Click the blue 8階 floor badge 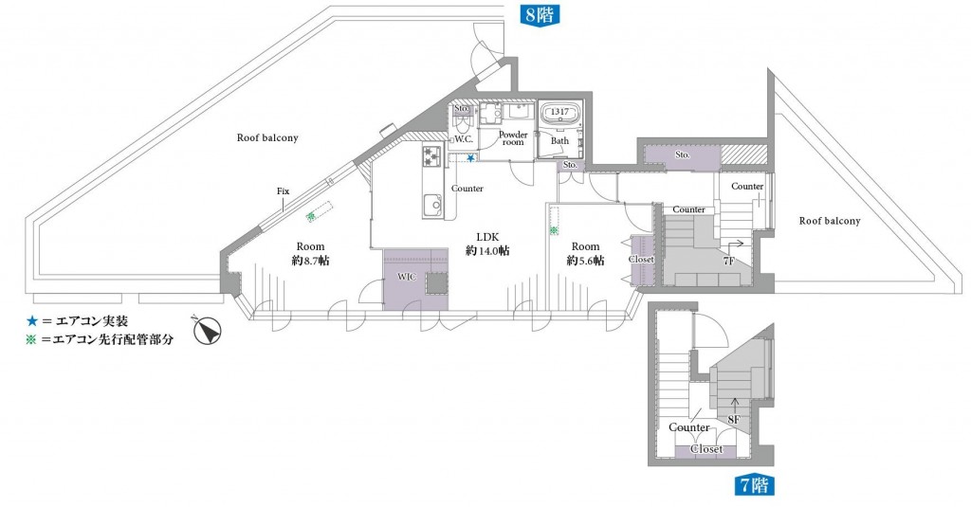(x=539, y=14)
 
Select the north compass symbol (x=207, y=330)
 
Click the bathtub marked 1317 (x=560, y=116)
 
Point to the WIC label (x=407, y=278)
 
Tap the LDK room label (x=487, y=237)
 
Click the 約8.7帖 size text (x=310, y=261)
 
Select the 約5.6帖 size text (x=585, y=261)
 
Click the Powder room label (x=513, y=138)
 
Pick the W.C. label (x=464, y=139)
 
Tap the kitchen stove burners (x=431, y=156)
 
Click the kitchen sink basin (x=432, y=205)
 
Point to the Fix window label (x=283, y=191)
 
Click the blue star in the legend (x=31, y=321)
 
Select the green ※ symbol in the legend (x=31, y=339)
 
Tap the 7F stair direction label (x=729, y=262)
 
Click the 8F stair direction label (x=734, y=420)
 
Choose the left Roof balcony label (x=267, y=138)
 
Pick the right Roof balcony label (x=829, y=221)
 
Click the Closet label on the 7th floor (x=706, y=449)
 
